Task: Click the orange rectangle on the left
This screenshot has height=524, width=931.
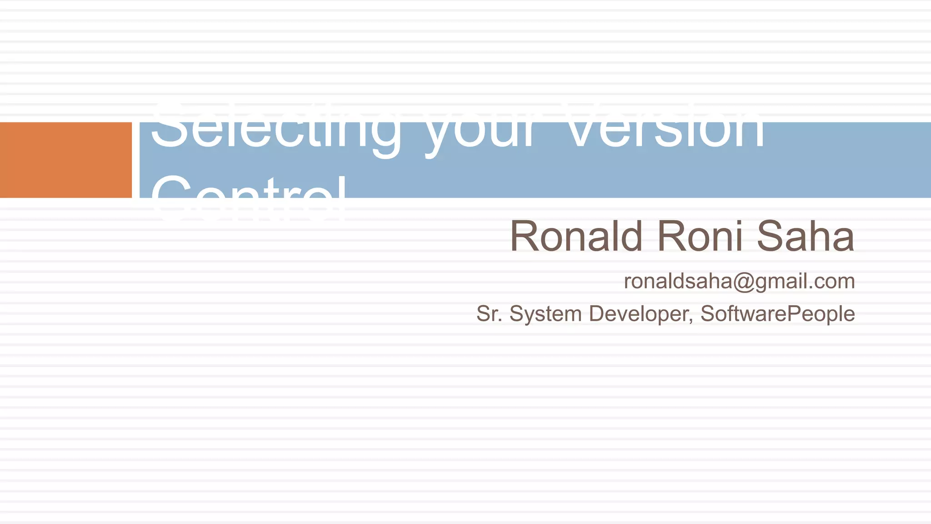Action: pyautogui.click(x=65, y=160)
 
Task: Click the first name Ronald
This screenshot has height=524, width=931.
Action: pyautogui.click(x=576, y=236)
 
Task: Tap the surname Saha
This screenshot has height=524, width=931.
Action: pyautogui.click(x=805, y=236)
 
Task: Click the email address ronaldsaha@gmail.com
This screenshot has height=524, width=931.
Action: pyautogui.click(x=739, y=281)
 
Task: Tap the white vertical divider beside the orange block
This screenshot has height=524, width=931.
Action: pyautogui.click(x=135, y=160)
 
